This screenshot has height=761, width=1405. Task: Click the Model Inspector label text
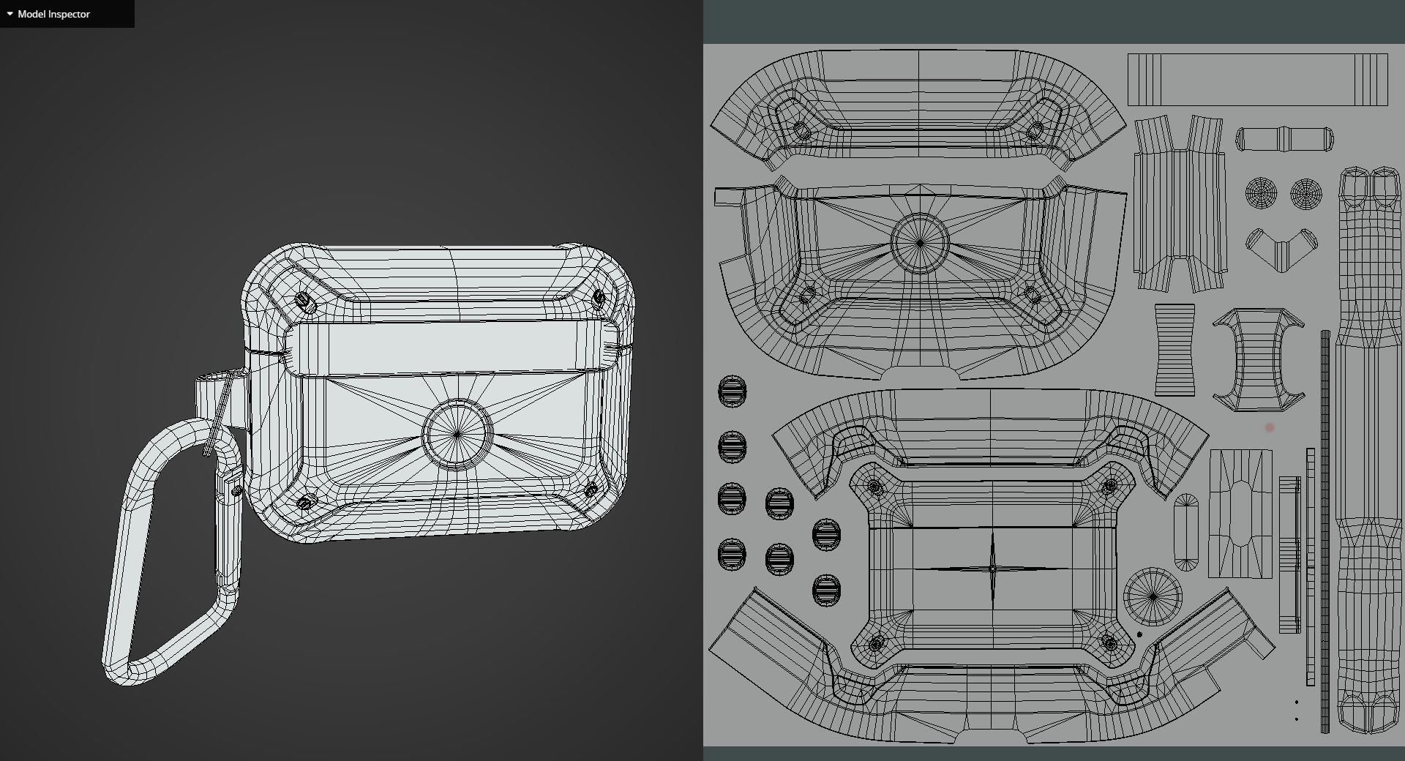click(x=53, y=14)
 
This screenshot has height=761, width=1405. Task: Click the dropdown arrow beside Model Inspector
click(x=10, y=14)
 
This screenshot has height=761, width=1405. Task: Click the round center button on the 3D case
click(x=457, y=434)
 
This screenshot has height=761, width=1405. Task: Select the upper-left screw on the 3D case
click(x=306, y=301)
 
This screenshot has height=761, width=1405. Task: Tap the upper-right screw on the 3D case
click(x=599, y=298)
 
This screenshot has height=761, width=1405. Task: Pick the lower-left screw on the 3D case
click(x=307, y=501)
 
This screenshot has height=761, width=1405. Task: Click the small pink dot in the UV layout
click(x=1270, y=427)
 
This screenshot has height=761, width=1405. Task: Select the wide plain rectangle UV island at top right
click(x=1257, y=79)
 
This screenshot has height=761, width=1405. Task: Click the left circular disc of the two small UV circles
click(x=1261, y=193)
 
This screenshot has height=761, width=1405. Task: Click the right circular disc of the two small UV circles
click(x=1306, y=193)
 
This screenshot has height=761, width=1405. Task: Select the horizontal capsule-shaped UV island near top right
click(x=1284, y=139)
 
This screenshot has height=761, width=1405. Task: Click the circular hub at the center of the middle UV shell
click(x=920, y=243)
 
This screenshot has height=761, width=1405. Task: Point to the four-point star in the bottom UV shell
click(x=992, y=568)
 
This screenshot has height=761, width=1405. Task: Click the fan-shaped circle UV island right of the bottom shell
click(x=1153, y=596)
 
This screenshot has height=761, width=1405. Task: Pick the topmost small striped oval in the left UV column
click(x=732, y=391)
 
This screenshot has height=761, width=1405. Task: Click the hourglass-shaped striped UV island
click(x=1174, y=350)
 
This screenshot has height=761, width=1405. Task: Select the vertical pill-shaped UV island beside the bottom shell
click(x=1186, y=532)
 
